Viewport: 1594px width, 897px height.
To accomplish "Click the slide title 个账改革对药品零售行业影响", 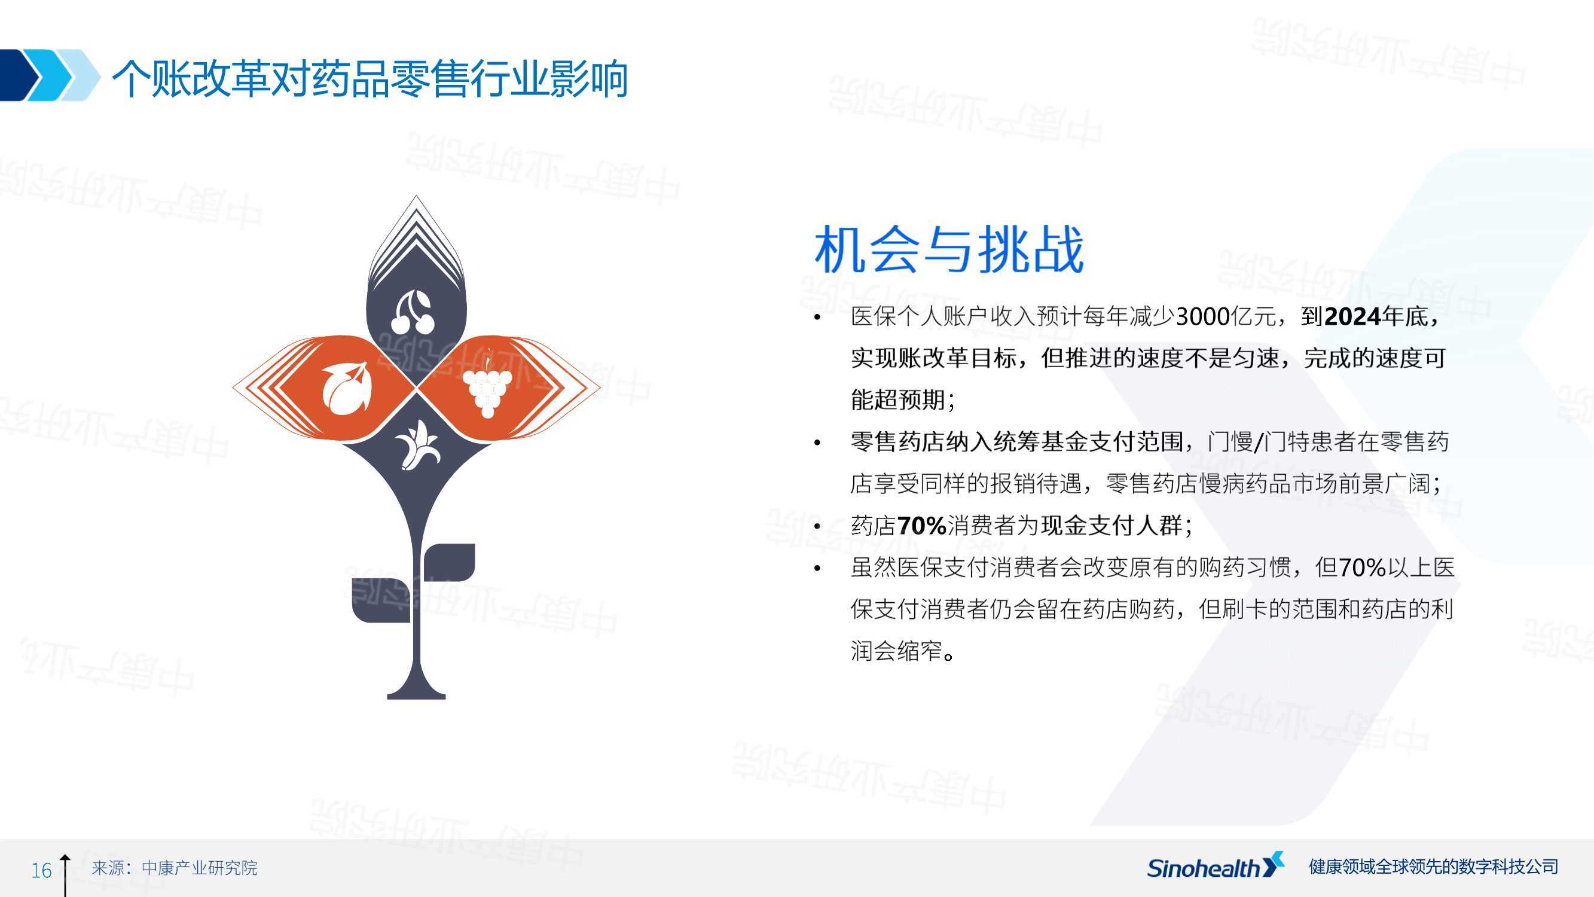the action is [370, 78].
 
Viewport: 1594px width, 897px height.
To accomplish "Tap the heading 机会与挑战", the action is [949, 249].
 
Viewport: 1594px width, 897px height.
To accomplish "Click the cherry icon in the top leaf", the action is [413, 313].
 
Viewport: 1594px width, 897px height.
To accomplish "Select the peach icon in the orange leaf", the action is [347, 388].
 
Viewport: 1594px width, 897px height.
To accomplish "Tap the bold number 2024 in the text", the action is [1352, 317].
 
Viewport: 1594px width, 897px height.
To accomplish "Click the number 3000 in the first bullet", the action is [1202, 317].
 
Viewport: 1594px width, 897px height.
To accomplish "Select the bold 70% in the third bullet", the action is [921, 526].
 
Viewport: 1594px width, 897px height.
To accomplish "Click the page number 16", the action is [41, 870].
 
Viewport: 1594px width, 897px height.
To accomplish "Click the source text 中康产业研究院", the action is [199, 868].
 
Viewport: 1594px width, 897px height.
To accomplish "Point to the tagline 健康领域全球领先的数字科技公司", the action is [1433, 867].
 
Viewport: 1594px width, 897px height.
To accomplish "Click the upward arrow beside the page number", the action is [65, 875].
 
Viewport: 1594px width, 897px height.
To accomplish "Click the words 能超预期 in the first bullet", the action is [897, 401].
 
